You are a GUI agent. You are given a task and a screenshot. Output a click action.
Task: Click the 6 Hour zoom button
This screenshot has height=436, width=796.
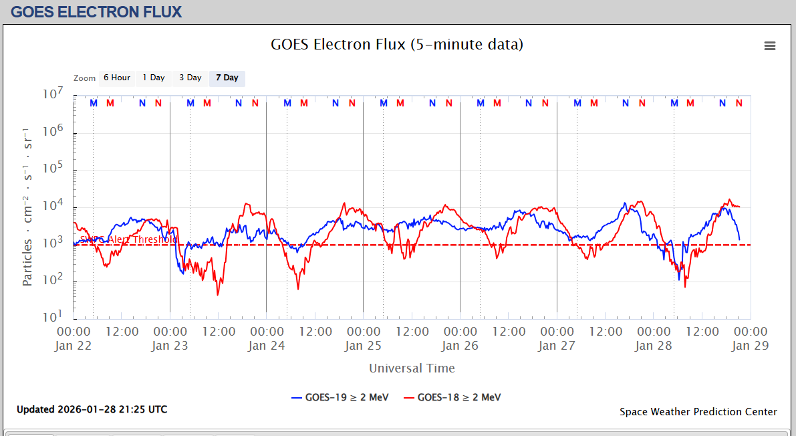116,78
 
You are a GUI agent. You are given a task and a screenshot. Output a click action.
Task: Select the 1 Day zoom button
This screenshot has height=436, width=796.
154,78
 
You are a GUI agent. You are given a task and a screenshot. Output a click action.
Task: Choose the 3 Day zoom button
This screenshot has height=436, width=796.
190,78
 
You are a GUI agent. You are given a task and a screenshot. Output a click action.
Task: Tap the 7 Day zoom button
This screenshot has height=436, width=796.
227,78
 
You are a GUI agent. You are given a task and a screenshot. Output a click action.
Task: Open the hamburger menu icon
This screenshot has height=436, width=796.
770,45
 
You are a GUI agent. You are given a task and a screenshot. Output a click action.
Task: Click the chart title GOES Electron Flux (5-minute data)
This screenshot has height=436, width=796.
397,45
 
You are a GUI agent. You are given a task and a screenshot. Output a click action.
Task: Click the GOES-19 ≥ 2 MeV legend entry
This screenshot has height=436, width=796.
340,397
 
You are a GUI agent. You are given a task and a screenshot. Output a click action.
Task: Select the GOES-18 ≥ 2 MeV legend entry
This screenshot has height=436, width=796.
452,397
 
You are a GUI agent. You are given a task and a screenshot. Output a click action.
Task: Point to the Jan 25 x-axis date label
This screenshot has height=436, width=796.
363,346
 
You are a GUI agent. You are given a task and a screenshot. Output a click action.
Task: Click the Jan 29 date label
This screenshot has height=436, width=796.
750,346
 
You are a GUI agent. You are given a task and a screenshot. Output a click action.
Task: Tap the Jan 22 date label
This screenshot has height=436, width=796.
74,346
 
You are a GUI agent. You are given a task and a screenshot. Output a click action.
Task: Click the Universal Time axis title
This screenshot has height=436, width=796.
412,368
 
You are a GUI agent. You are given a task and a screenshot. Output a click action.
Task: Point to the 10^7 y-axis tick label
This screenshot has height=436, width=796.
53,94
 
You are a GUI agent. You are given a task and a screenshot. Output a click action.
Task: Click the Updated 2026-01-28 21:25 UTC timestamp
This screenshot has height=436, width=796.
92,409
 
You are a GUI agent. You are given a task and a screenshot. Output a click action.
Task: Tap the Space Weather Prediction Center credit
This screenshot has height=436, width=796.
698,412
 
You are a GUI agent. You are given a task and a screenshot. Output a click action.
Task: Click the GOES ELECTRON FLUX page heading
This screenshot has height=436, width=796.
96,12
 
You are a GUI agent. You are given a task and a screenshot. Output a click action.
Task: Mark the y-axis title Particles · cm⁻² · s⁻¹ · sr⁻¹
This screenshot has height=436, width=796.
28,206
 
